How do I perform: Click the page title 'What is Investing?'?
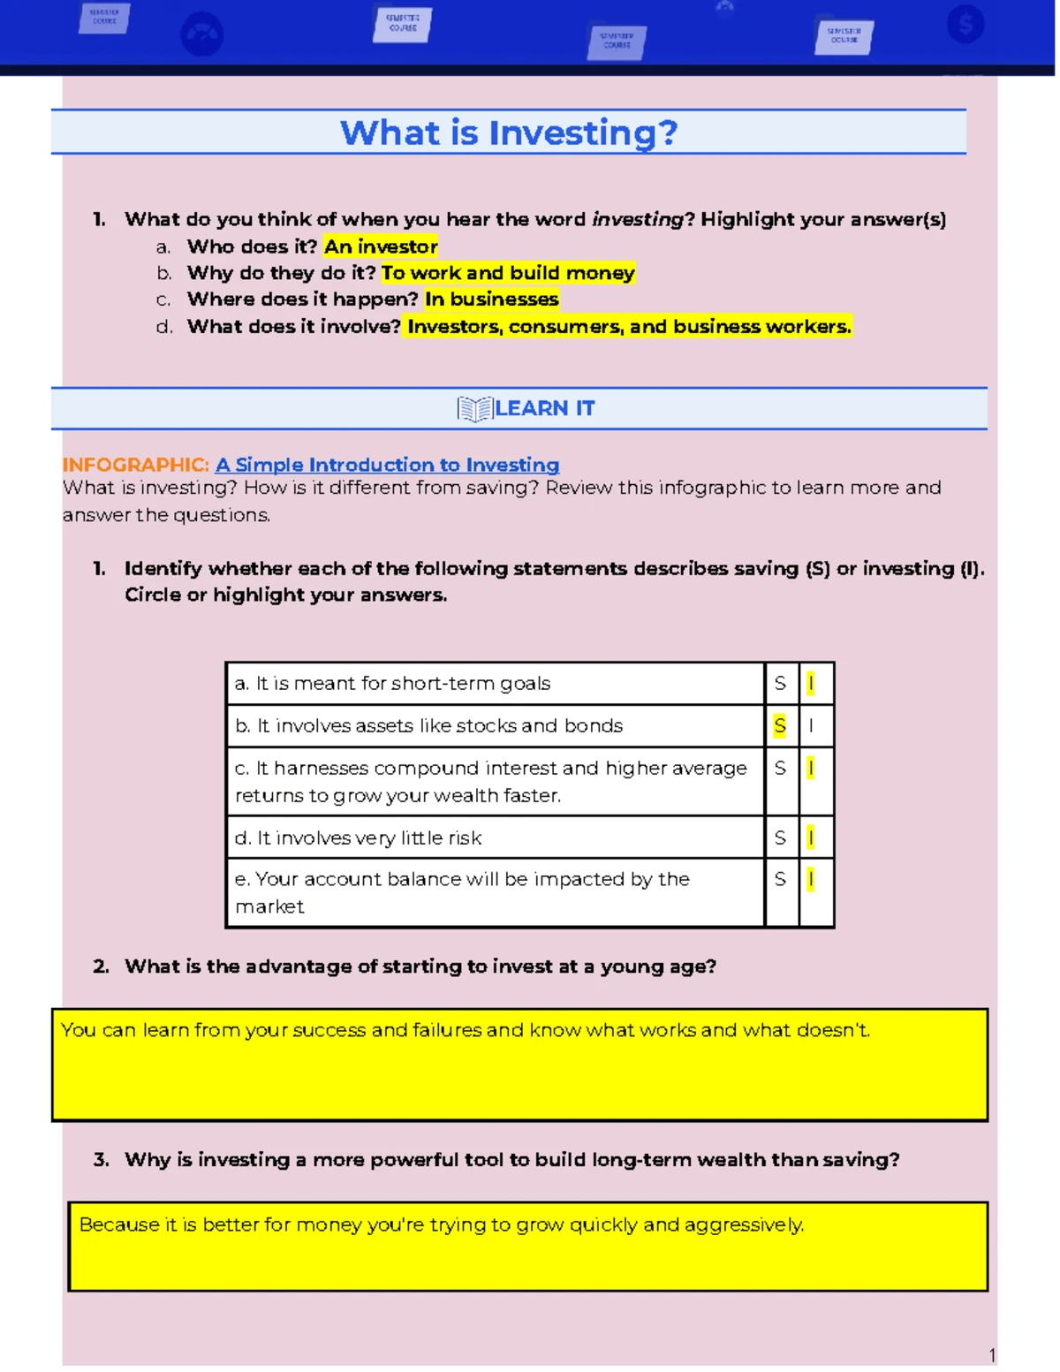coord(509,133)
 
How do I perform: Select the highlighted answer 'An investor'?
coord(381,246)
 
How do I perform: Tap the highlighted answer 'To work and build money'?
coord(508,273)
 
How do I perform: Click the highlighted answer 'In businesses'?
coord(491,299)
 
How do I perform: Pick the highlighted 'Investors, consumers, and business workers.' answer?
coord(629,327)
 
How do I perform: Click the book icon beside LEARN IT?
coord(474,409)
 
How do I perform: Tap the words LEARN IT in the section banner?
coord(544,408)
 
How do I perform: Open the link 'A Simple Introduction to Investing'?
coord(387,465)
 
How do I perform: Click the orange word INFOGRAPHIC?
coord(135,465)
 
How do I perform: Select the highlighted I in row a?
coord(811,683)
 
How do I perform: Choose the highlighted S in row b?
coord(779,725)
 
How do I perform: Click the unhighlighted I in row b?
coord(811,725)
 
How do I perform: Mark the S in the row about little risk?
coord(779,838)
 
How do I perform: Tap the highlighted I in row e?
coord(811,879)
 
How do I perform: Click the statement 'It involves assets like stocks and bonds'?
coord(429,725)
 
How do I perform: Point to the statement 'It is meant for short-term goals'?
coord(393,683)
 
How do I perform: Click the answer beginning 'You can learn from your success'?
coord(466,1030)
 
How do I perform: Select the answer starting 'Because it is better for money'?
coord(442,1224)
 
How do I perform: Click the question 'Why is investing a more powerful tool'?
coord(511,1159)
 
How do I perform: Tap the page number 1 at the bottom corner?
coord(992,1355)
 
